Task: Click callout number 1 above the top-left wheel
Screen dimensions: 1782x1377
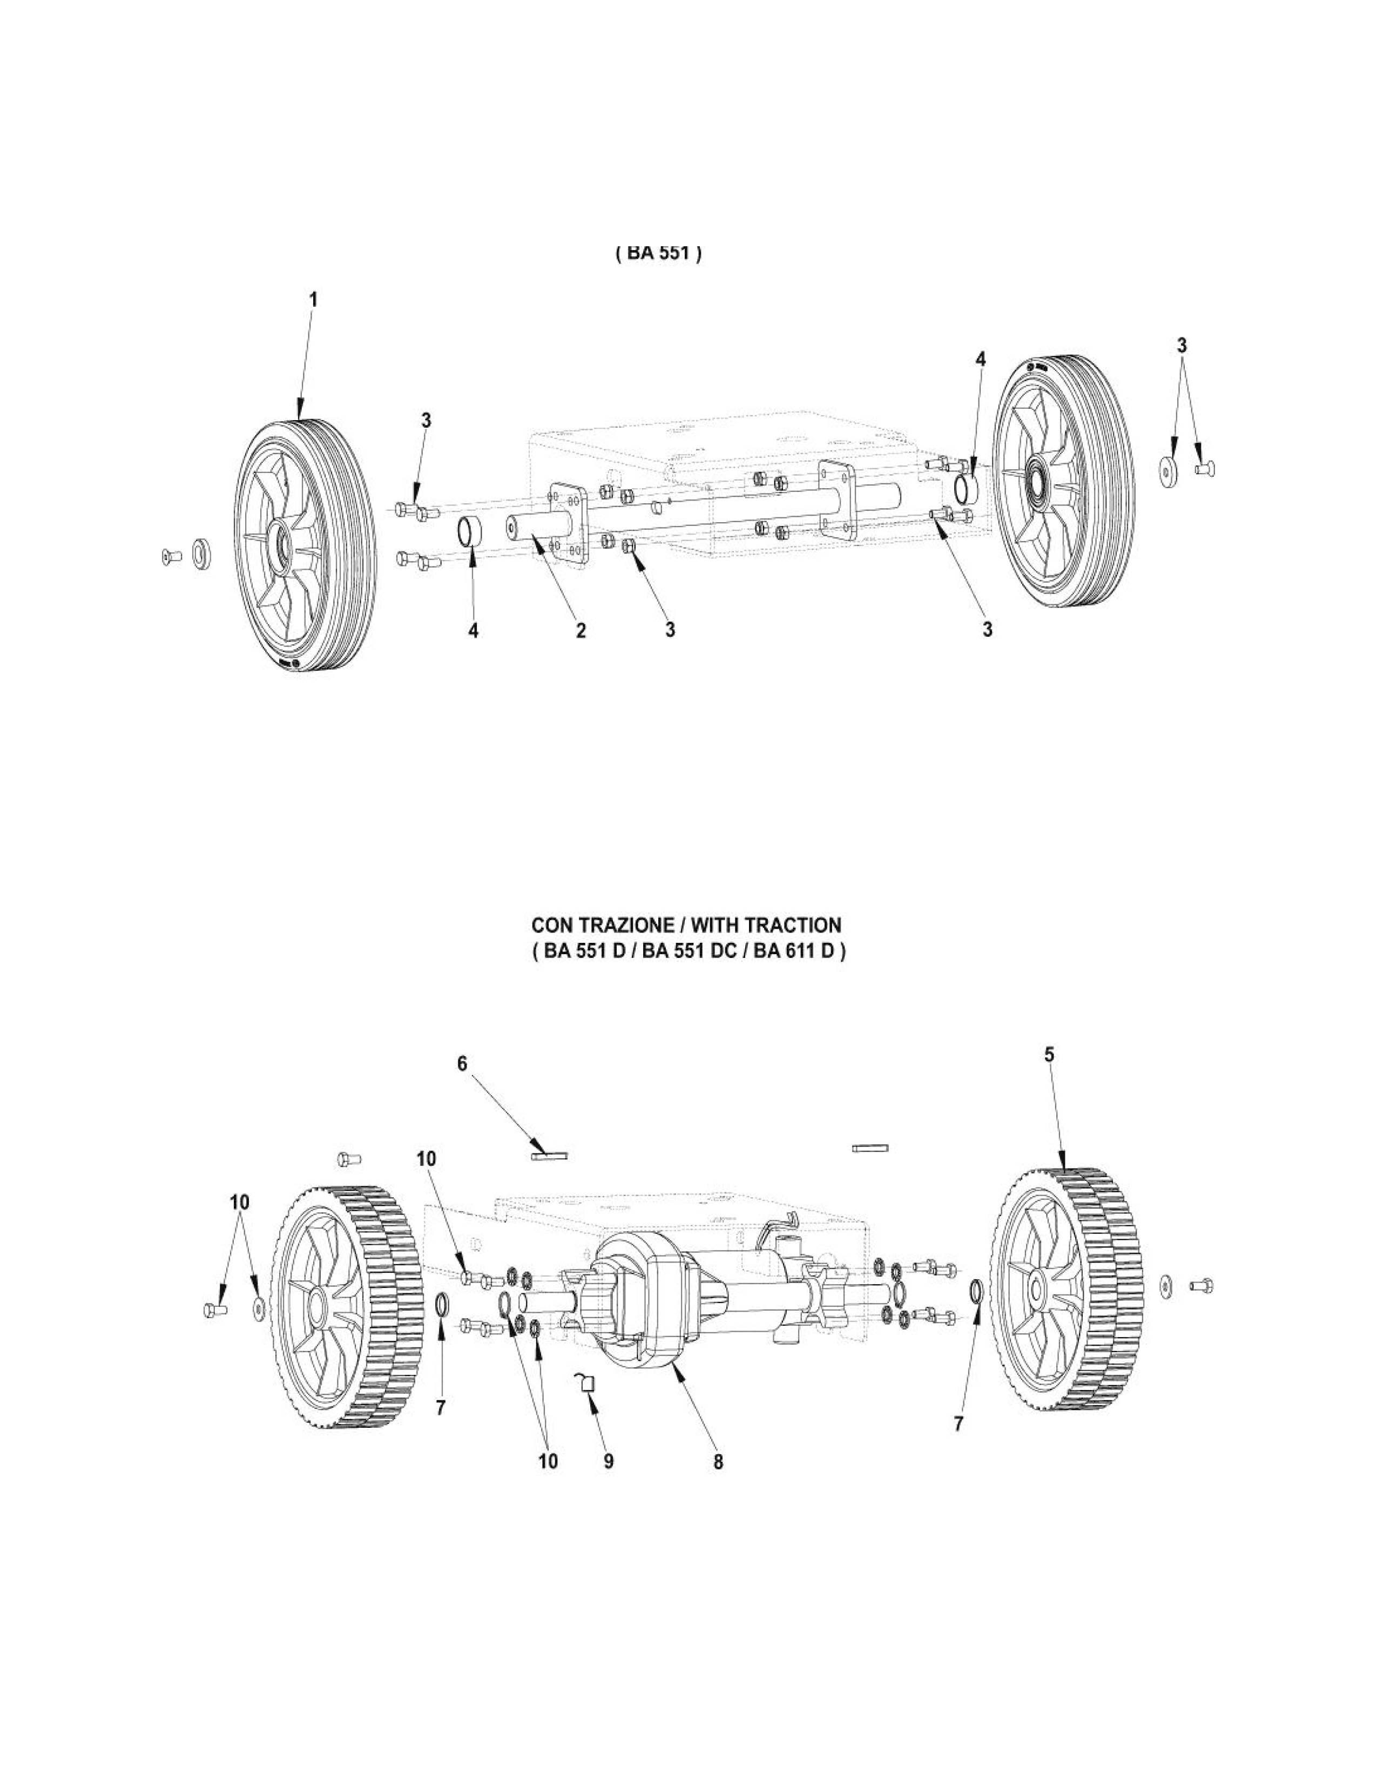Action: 313,300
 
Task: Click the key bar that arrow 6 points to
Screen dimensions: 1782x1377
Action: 551,1155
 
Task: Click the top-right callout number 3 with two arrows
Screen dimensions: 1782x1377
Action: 1181,346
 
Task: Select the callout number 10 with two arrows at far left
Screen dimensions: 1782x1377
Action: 240,1203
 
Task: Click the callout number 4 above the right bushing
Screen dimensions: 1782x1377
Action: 981,359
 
